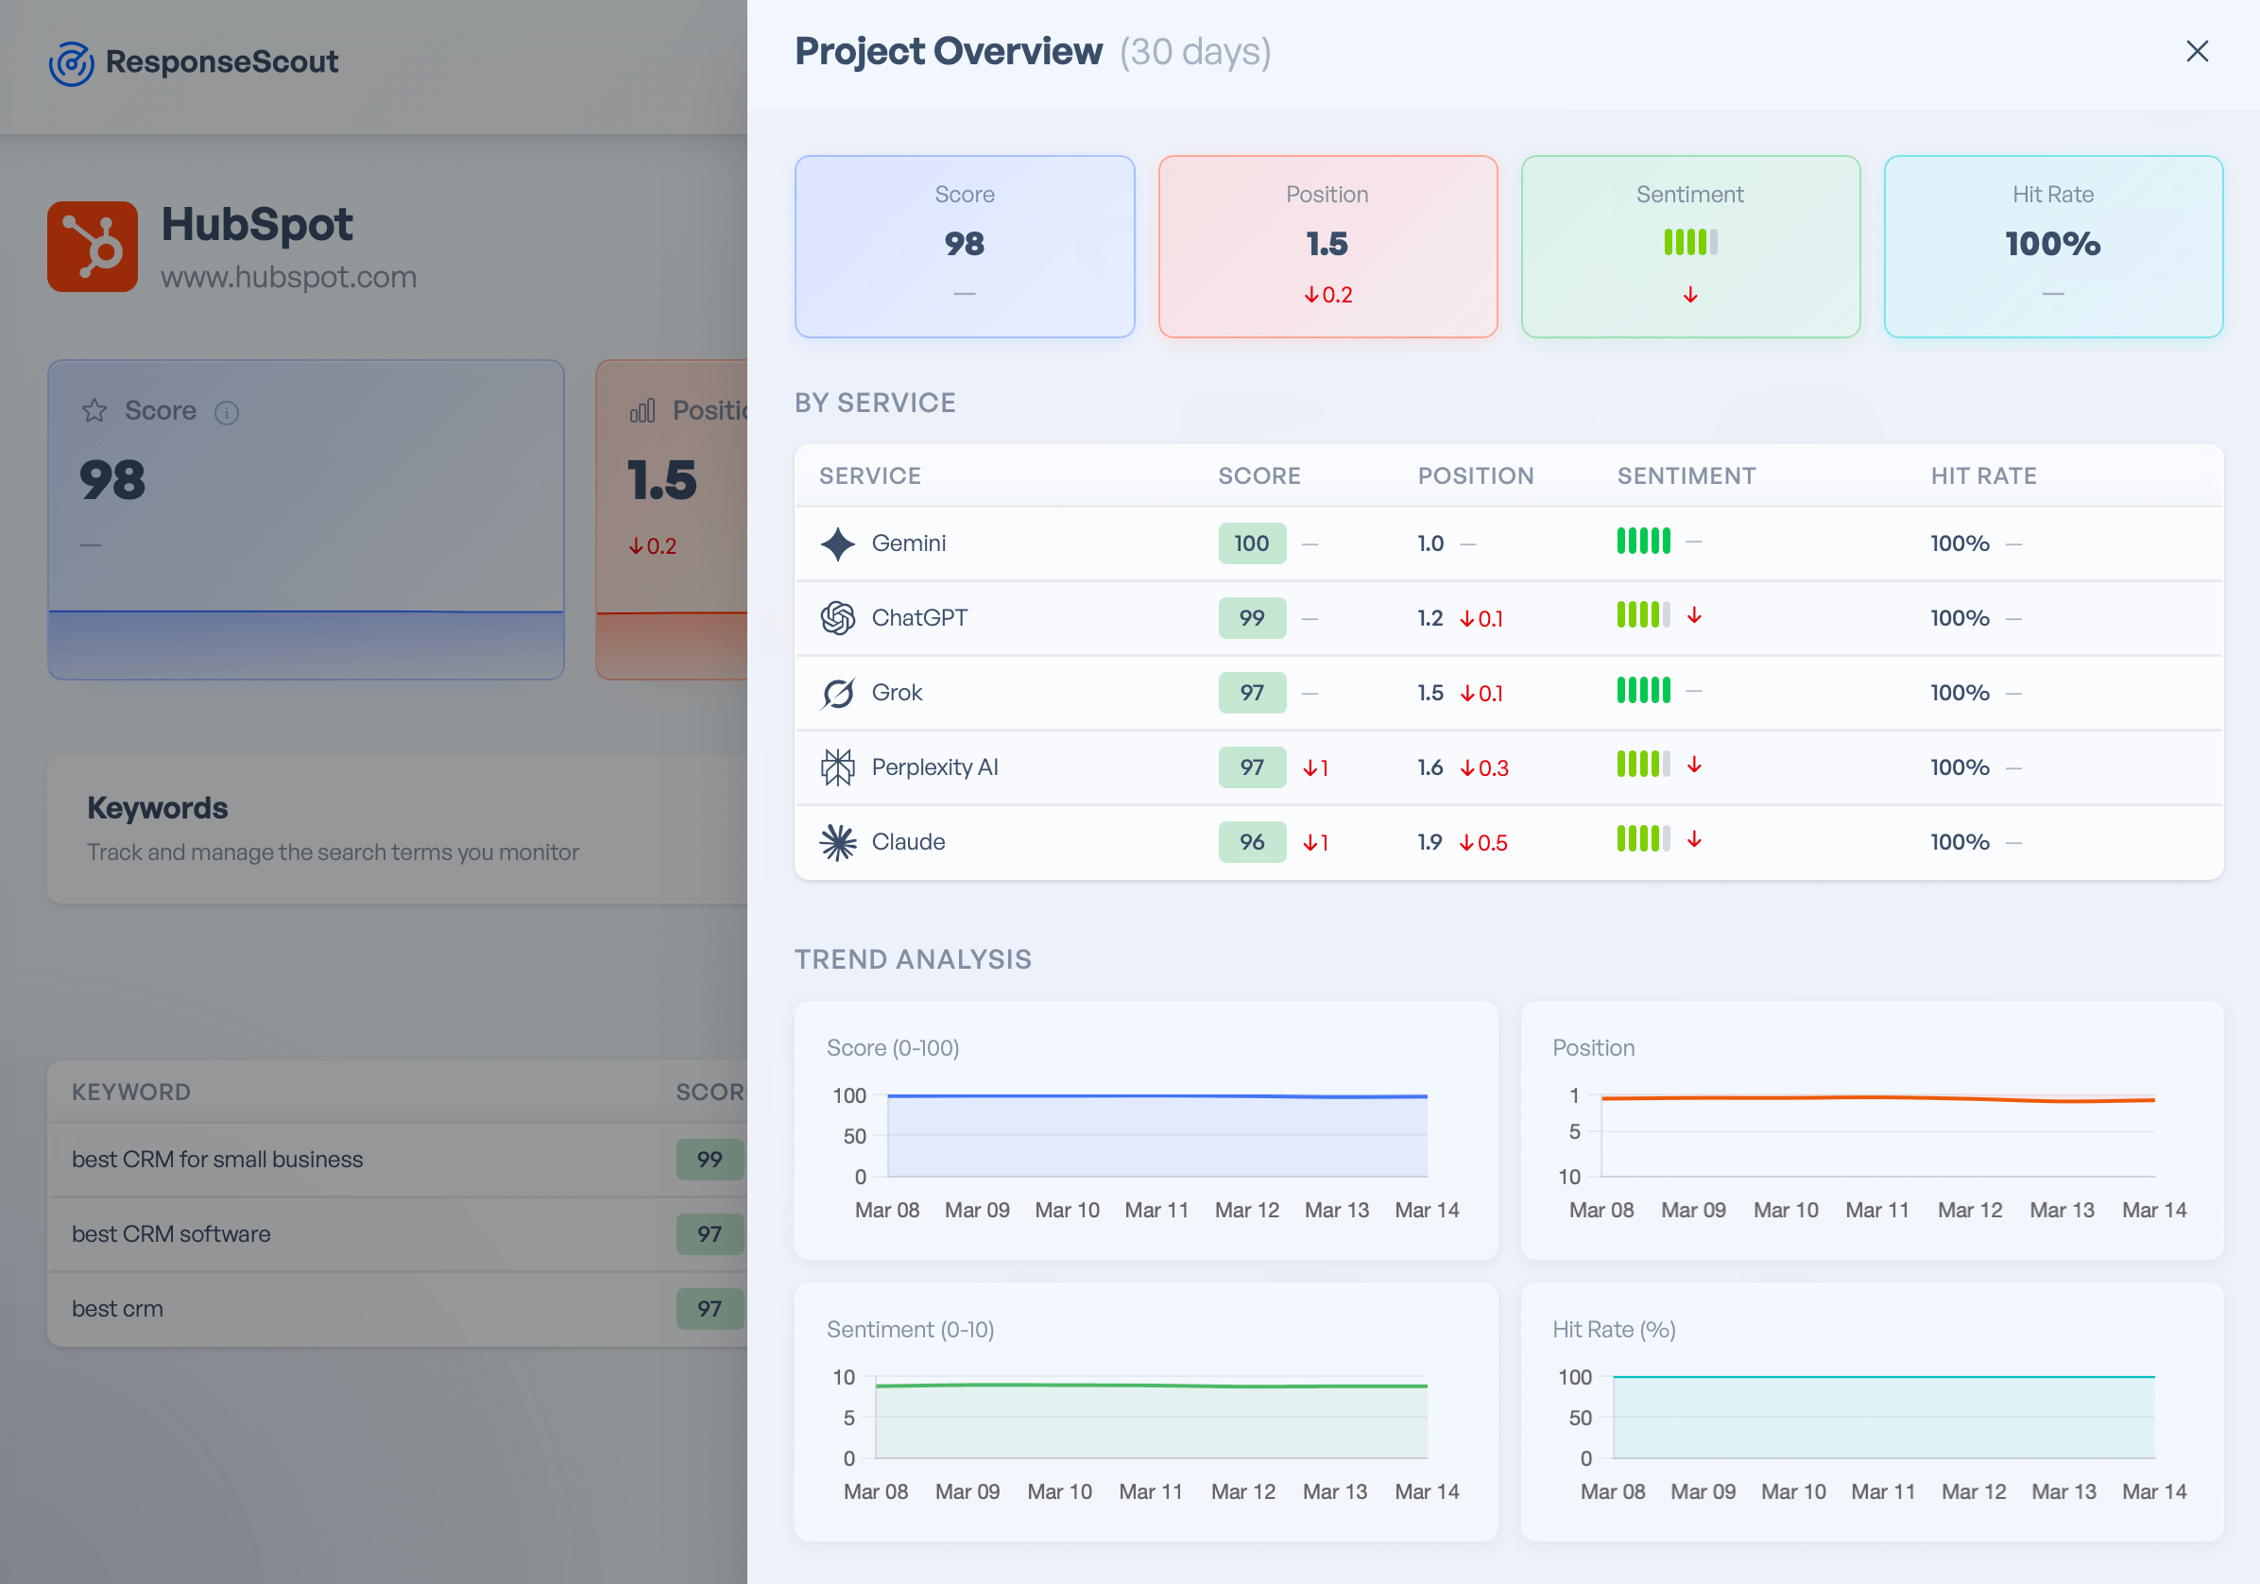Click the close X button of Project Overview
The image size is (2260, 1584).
pos(2196,51)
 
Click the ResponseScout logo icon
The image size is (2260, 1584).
pos(72,63)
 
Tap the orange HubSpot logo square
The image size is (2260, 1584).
pos(93,247)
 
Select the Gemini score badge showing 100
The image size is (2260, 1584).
pos(1251,543)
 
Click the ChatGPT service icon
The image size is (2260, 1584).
pos(838,618)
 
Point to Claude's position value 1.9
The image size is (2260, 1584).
pos(1430,843)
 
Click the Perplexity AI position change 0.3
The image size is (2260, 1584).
pos(1484,767)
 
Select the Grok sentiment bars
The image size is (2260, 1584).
pos(1643,691)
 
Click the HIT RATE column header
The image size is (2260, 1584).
pos(1982,476)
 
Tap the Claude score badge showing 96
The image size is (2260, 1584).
pos(1251,843)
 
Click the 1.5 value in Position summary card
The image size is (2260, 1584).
pos(1326,244)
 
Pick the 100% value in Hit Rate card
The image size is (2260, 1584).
pos(2052,244)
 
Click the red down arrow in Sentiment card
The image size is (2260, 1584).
pos(1690,295)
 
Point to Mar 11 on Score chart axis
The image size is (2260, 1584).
pos(1156,1210)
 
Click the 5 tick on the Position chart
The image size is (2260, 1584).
pos(1574,1132)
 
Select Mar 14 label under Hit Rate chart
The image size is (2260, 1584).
pos(2153,1491)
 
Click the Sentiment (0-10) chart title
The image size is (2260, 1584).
pos(910,1330)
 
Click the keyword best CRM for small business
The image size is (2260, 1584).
pos(217,1160)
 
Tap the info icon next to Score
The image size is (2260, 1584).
pos(227,412)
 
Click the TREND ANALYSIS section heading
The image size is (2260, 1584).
pos(913,960)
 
